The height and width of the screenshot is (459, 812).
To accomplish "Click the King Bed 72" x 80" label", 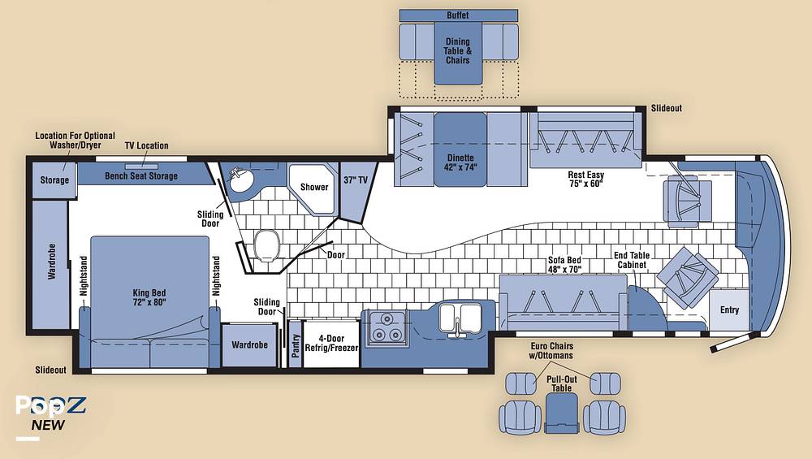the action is point(149,297).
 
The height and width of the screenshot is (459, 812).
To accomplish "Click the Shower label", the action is point(314,187).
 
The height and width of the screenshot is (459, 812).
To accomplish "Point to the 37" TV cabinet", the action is point(356,191).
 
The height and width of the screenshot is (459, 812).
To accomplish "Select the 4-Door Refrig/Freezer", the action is point(331,344).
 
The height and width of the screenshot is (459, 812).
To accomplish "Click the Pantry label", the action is point(296,345).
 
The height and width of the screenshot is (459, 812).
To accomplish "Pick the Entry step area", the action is point(729,310).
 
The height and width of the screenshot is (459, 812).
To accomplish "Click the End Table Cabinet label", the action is point(632,260).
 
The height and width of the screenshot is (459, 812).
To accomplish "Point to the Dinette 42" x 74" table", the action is point(460,149).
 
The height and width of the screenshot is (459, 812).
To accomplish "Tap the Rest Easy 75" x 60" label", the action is point(586,180).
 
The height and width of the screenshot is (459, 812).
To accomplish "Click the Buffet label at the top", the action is point(458,15).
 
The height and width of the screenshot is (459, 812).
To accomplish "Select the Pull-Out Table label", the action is point(561,383).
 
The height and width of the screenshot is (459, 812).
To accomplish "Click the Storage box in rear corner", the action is point(54,180).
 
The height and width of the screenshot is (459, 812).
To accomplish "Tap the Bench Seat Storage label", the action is point(141,176).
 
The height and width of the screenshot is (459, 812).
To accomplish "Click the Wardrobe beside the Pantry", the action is point(249,345).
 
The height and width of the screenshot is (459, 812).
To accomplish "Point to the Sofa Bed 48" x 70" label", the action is point(565,265).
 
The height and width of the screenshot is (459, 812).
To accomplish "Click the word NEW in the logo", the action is point(48,425).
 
